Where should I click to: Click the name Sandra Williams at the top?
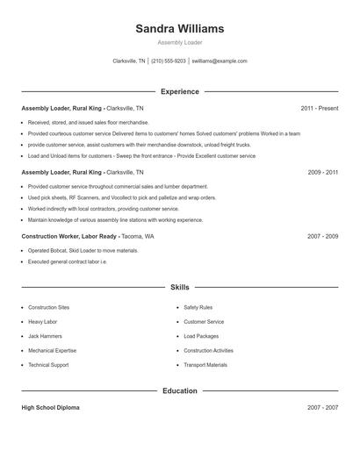pos(180,28)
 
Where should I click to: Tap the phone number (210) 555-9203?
pos(169,61)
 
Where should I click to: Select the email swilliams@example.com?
pos(220,61)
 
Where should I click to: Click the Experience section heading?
pos(180,91)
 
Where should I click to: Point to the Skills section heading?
pos(180,287)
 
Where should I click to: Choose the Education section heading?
pos(180,390)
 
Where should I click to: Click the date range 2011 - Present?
pos(319,109)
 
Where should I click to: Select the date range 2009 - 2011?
pos(323,173)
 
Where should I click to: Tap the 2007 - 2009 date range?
pos(323,237)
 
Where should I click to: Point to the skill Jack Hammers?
pos(45,336)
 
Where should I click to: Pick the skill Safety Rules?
pos(198,308)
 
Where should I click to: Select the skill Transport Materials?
pos(205,365)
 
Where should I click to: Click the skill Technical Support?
pos(48,365)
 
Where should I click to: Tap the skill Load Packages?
pos(201,336)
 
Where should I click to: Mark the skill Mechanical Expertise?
pos(53,350)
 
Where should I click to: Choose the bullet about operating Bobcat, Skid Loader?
pos(83,251)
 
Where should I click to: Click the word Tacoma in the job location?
pos(131,237)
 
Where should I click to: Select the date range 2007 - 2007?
pos(323,408)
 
